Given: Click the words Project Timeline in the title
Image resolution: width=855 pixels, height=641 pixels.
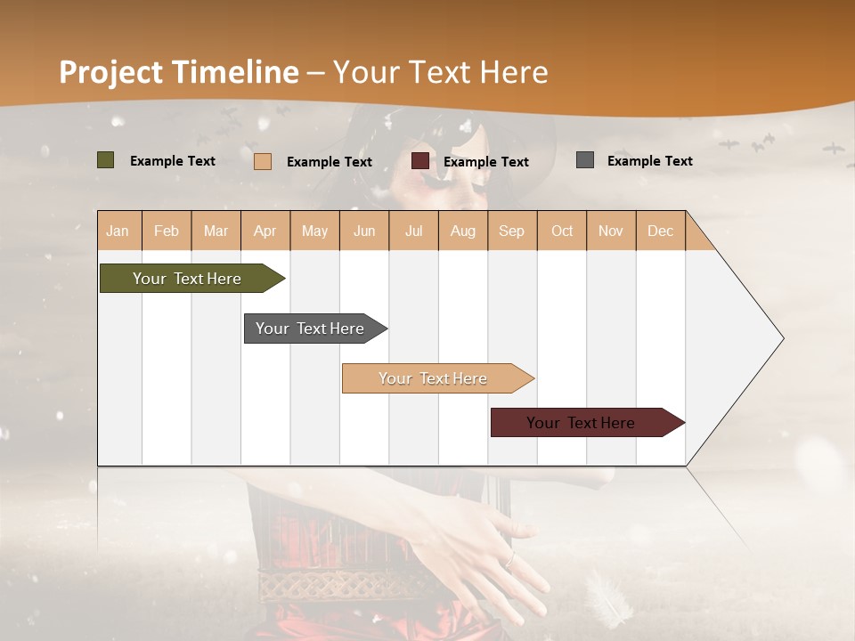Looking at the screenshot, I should (179, 72).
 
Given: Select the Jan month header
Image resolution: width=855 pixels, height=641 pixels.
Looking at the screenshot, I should (118, 231).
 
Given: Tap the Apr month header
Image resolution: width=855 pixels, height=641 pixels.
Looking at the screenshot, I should (265, 231).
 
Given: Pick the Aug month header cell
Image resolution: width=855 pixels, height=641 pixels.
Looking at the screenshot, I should (462, 231).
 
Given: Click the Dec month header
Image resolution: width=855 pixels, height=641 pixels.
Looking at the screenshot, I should (660, 231).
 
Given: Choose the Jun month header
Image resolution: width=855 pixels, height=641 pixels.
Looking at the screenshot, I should (364, 231).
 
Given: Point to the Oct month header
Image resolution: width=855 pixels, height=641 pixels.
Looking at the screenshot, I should (562, 231).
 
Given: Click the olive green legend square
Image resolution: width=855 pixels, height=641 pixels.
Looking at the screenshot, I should (105, 160).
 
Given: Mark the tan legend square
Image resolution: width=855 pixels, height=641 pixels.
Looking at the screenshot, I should (262, 161).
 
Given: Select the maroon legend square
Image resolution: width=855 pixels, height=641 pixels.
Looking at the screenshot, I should (419, 161).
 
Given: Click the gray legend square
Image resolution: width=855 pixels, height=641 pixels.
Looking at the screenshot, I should (584, 160).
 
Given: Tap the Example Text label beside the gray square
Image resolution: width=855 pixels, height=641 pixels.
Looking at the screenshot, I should (649, 160).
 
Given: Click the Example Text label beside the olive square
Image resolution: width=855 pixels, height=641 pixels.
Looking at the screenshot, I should (173, 160).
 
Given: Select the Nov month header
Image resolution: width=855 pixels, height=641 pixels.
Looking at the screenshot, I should (611, 231).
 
